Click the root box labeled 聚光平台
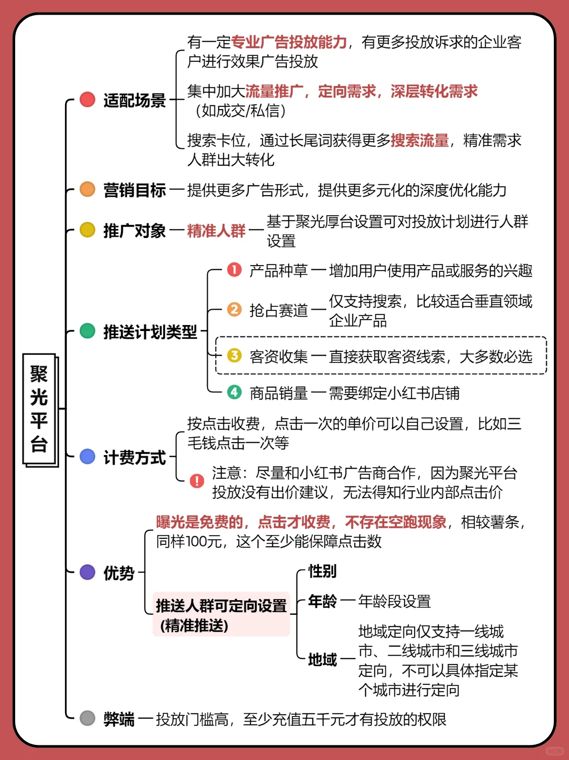(39, 409)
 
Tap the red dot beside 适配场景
(87, 99)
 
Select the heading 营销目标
(134, 190)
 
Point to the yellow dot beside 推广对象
(87, 230)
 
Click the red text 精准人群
(216, 230)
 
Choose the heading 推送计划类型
(150, 331)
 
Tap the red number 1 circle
(234, 270)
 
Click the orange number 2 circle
(234, 309)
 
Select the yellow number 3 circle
(234, 355)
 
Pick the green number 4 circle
(234, 392)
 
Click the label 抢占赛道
(279, 310)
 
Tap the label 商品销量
(279, 393)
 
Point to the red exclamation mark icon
(197, 481)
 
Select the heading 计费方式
(134, 457)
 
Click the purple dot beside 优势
(87, 572)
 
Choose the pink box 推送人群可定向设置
(221, 614)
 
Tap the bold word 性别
(322, 571)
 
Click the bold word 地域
(322, 660)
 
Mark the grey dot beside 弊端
(87, 718)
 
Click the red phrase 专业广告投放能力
(289, 42)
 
